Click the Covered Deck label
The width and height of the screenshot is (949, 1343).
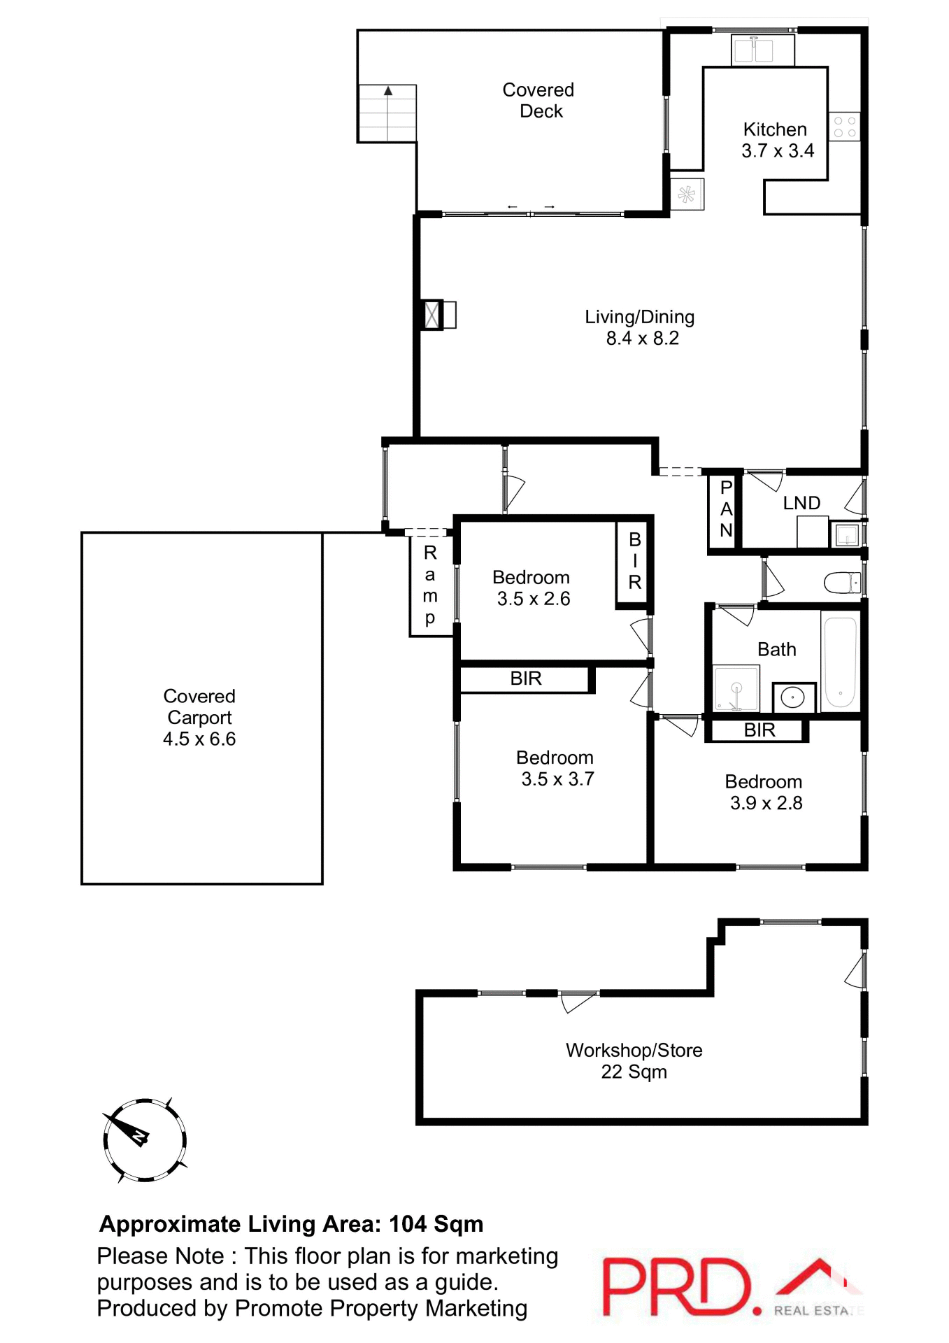[x=538, y=100]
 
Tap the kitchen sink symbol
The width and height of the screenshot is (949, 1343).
[x=752, y=50]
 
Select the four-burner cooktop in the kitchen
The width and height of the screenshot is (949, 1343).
[x=844, y=127]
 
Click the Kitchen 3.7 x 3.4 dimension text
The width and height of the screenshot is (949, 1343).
[x=777, y=140]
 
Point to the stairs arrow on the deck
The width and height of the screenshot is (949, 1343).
[x=388, y=91]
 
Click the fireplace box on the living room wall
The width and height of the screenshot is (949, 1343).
[x=433, y=315]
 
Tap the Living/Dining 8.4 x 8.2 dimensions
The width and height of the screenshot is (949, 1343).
[x=641, y=327]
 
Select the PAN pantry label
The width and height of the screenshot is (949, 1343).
[x=726, y=509]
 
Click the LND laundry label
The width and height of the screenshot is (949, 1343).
[x=801, y=503]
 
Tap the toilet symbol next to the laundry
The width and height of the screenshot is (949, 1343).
[x=842, y=583]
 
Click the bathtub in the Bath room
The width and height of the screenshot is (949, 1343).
[x=840, y=662]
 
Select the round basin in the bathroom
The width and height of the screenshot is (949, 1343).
[x=793, y=697]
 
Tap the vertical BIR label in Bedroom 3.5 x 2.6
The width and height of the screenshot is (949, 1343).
[x=634, y=561]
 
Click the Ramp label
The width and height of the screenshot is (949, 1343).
[x=430, y=585]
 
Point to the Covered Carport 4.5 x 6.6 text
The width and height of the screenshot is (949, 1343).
[x=199, y=718]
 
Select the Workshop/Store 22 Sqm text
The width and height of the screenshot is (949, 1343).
[x=634, y=1060]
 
